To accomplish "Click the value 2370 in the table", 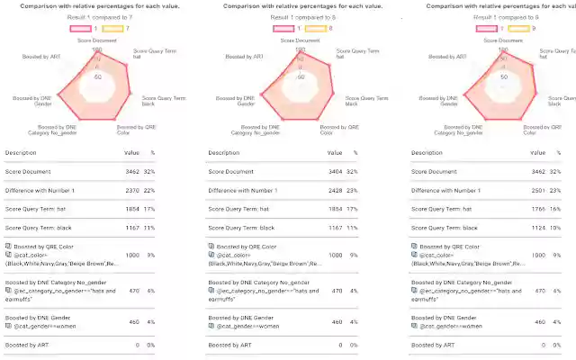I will (131, 190).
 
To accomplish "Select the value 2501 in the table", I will (539, 190).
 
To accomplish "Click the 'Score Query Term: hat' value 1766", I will (539, 209).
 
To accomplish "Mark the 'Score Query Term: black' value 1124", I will (539, 228).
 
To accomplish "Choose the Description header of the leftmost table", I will (22, 153).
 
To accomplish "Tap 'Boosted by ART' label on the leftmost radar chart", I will (43, 56).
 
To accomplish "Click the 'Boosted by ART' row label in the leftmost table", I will (29, 345).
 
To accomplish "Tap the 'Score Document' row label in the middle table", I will (233, 171).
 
